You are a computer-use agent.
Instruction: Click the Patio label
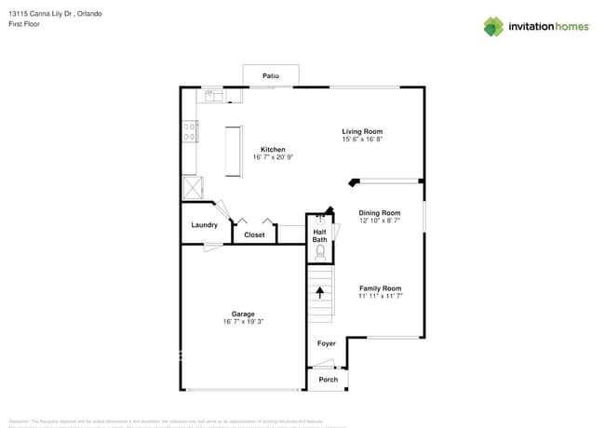point(270,75)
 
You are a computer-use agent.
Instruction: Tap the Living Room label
point(362,131)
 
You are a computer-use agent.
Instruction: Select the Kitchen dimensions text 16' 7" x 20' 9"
point(273,158)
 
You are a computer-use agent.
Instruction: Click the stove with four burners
point(190,131)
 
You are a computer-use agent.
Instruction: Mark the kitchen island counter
point(232,150)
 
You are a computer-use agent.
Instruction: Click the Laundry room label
point(205,225)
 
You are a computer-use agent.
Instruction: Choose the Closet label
point(254,235)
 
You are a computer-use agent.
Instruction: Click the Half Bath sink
point(319,220)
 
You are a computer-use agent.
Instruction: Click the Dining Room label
point(380,212)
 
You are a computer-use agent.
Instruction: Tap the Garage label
point(243,314)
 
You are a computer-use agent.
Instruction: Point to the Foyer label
point(326,343)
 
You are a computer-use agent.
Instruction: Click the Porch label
point(328,380)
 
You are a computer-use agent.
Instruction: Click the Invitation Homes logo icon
point(492,27)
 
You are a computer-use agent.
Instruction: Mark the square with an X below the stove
point(192,187)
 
